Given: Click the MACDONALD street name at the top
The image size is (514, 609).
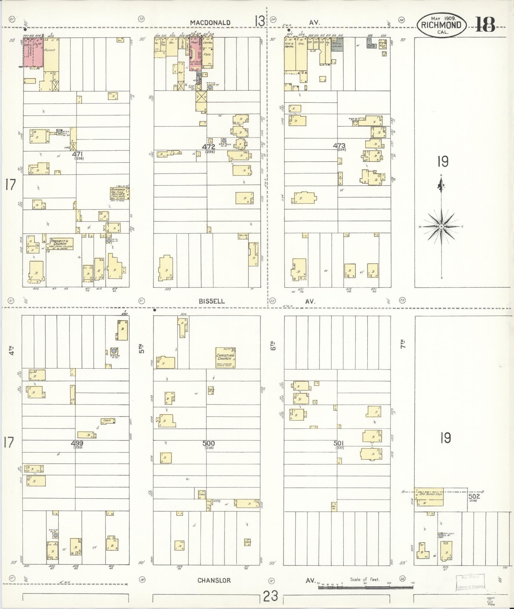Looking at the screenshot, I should (210, 23).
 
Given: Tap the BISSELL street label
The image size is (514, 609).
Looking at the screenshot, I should (212, 301).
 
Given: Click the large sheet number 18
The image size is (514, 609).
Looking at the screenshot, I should (485, 25).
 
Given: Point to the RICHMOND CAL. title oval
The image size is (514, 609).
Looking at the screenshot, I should (441, 25).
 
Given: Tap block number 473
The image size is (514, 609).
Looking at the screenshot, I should (339, 146).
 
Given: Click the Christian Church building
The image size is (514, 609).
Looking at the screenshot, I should (225, 357).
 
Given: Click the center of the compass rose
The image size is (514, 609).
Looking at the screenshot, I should (441, 226).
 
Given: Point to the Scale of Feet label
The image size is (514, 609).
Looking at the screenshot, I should (365, 579).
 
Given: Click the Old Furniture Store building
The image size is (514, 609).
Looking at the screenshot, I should (429, 497).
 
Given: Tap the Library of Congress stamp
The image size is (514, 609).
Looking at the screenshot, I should (470, 582).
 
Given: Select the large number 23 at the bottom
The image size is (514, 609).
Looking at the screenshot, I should (271, 595).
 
